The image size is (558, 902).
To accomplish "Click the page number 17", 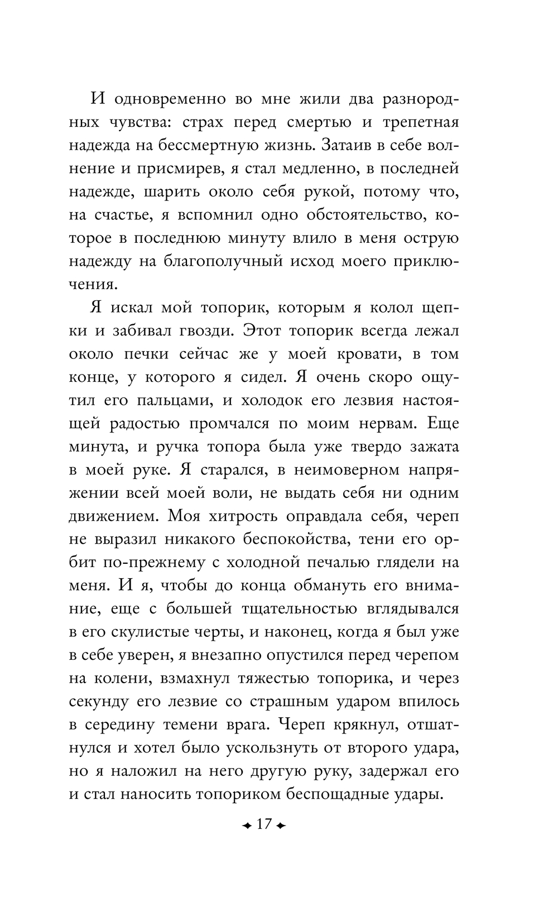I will [x=262, y=824].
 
